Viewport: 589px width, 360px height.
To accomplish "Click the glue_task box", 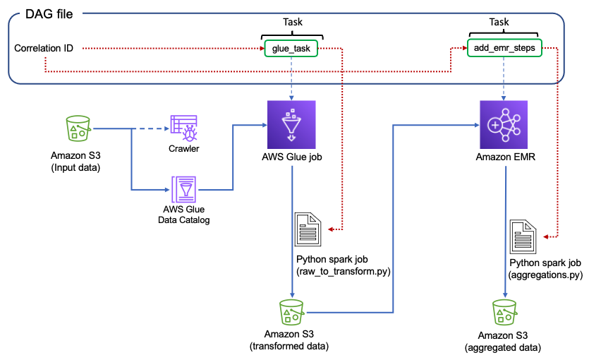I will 291,48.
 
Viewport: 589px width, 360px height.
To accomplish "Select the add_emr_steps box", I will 504,48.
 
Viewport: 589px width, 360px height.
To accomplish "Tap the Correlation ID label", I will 44,48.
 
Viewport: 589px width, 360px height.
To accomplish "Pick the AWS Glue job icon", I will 291,124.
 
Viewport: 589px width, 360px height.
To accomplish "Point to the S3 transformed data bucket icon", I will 291,311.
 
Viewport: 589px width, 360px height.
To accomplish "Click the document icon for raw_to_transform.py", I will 308,229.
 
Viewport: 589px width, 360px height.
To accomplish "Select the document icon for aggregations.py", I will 525,234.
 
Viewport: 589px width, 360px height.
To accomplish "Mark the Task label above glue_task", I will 291,21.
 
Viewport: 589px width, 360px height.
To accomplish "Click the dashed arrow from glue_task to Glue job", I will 291,78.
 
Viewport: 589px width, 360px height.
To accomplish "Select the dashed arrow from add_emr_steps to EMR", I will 504,78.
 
